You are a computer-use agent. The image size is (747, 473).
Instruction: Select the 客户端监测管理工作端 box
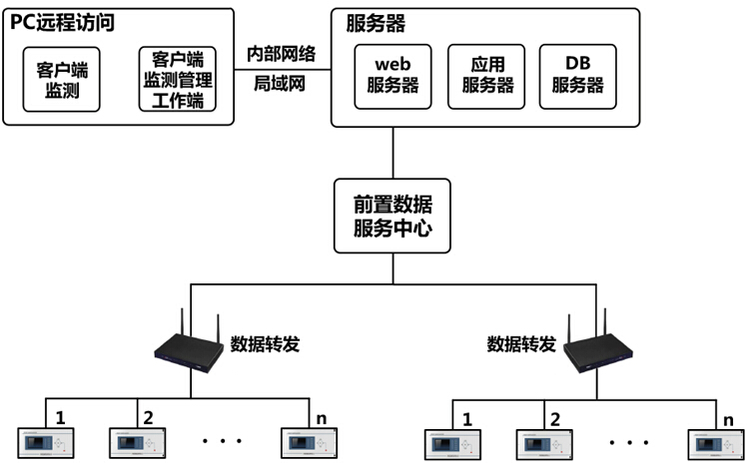(178, 79)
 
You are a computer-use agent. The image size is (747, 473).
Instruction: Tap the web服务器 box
(393, 76)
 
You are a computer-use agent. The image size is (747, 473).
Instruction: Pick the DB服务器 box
(577, 76)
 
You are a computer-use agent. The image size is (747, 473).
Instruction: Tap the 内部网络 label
(282, 54)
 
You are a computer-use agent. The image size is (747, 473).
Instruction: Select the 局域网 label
(282, 85)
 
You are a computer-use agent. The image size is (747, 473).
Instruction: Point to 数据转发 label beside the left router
(266, 344)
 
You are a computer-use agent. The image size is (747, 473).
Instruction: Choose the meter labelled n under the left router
(306, 442)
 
